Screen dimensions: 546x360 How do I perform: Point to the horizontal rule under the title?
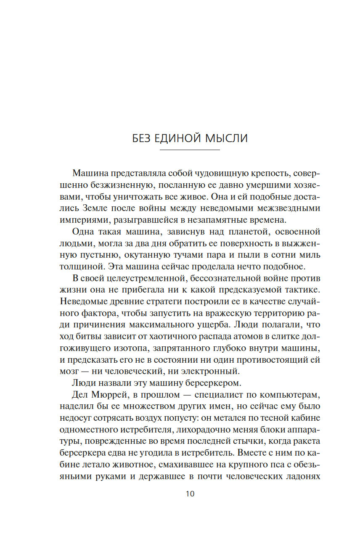pyautogui.click(x=190, y=150)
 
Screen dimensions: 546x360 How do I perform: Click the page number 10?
pyautogui.click(x=190, y=494)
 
